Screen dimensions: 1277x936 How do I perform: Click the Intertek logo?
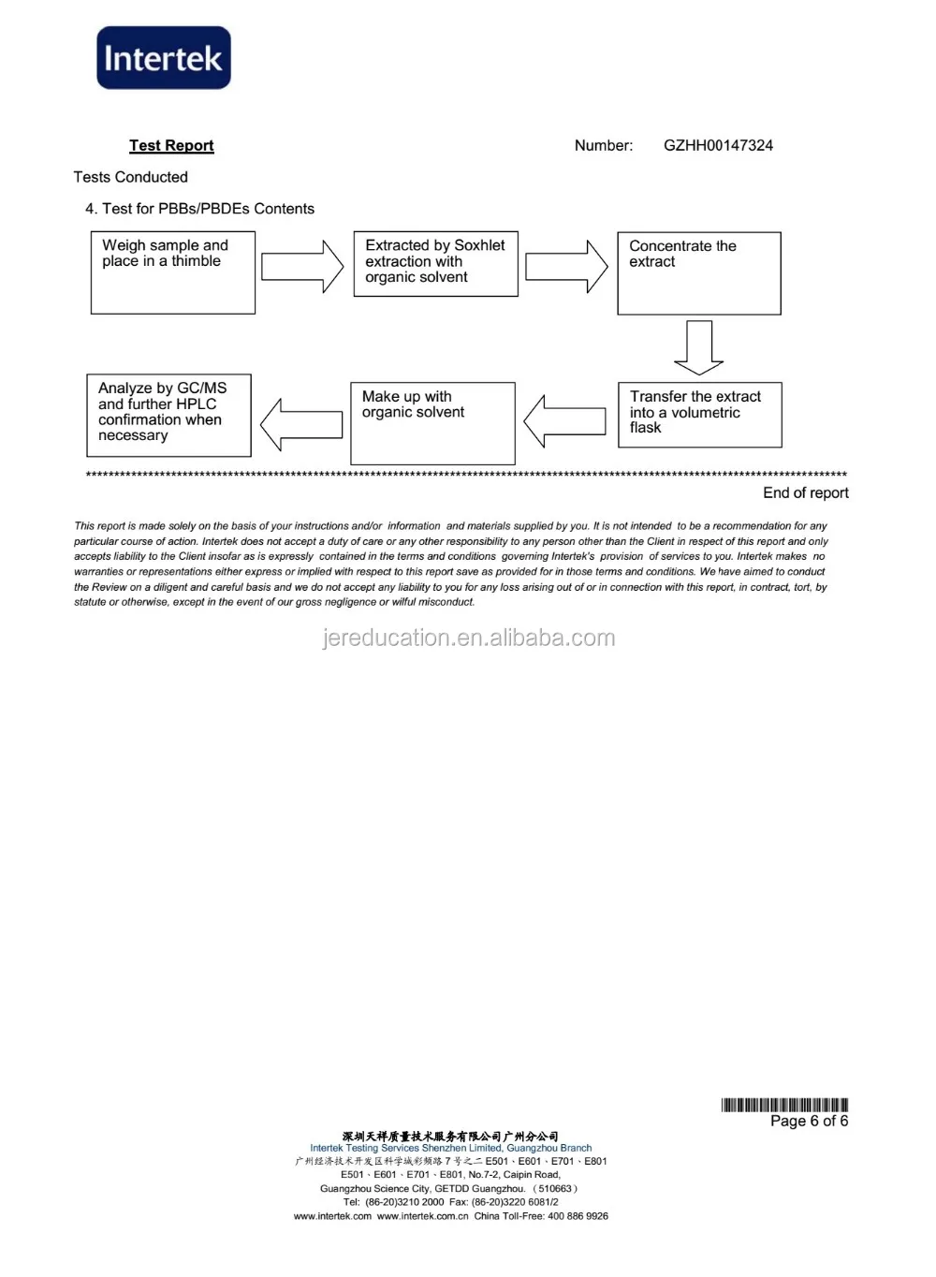pos(164,58)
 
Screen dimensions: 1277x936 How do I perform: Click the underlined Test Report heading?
pos(171,145)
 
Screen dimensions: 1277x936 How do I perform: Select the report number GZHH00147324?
pos(718,145)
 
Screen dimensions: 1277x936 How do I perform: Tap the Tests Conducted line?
pos(131,177)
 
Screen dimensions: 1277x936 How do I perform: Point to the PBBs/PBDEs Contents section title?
pos(199,209)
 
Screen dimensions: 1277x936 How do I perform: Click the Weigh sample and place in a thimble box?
pos(173,272)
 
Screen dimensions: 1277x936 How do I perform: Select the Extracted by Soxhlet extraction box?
pos(435,264)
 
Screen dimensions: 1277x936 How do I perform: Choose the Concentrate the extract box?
pos(698,273)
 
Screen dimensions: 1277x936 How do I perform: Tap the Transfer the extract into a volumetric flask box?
pos(699,414)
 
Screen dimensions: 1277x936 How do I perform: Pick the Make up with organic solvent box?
pos(432,423)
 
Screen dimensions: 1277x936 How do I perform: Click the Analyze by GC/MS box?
pos(168,415)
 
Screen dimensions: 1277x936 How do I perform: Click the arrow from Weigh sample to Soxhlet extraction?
pos(302,267)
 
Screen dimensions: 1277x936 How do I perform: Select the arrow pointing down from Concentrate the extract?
pos(698,347)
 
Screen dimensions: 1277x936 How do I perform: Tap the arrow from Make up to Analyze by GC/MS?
pos(301,424)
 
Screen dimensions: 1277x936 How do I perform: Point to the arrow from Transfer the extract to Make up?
pos(564,420)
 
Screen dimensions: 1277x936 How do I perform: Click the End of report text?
pos(805,493)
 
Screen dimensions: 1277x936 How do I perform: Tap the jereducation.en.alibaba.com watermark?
pos(469,638)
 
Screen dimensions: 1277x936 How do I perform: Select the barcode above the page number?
pos(784,1105)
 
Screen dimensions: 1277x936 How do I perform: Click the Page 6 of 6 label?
pos(809,1121)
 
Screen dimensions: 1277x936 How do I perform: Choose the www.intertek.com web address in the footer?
pos(332,1216)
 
